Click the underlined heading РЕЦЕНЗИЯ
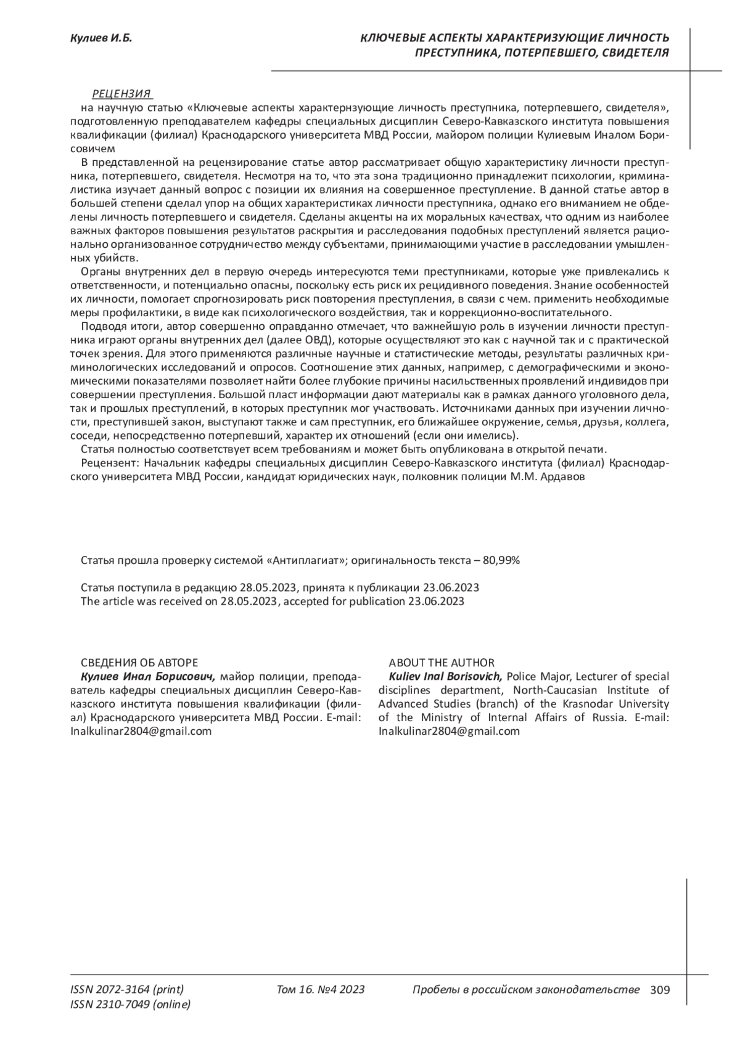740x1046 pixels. coord(121,94)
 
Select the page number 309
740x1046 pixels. coord(660,990)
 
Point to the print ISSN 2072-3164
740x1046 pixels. coord(127,990)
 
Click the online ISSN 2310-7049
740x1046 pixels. coord(131,1005)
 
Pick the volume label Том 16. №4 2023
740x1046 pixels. coord(321,990)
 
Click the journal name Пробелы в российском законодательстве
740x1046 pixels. coord(525,990)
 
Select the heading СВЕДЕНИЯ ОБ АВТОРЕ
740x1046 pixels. coord(139,663)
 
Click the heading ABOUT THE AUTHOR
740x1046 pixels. coord(442,663)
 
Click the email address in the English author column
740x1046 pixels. coord(449,732)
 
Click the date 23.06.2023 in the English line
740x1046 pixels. coord(436,602)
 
